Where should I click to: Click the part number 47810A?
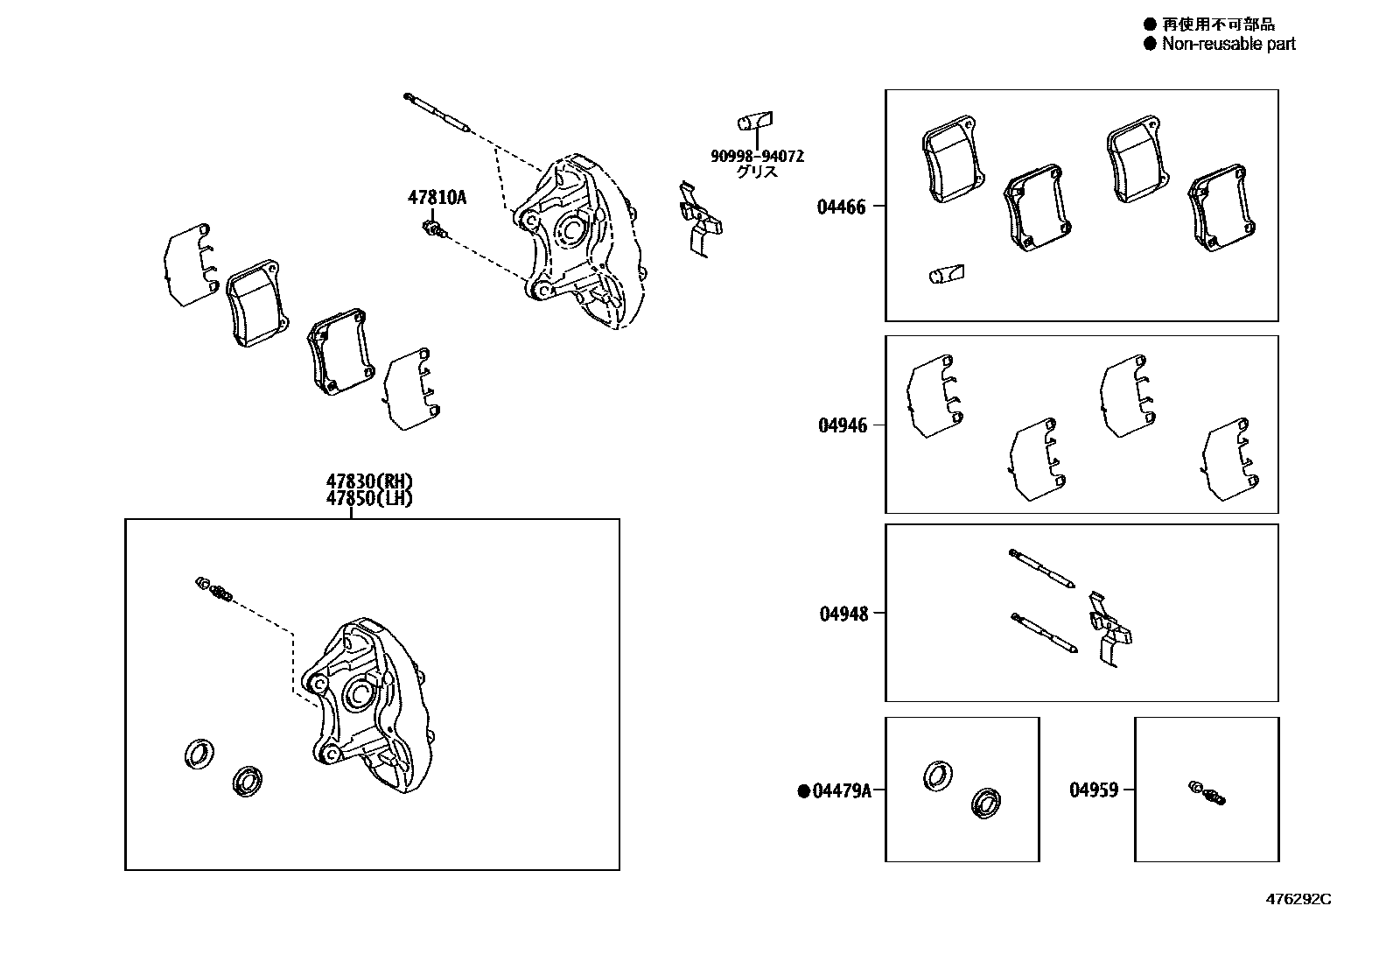click(x=437, y=198)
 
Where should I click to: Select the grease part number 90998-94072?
click(x=757, y=157)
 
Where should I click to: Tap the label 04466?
click(x=842, y=207)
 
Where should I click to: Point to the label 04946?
click(x=843, y=425)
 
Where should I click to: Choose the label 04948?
click(x=843, y=614)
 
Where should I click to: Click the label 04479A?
click(x=842, y=791)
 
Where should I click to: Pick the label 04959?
click(x=1094, y=790)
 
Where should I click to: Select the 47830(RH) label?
click(x=368, y=481)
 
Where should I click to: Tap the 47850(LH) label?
click(x=368, y=498)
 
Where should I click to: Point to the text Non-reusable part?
click(x=1228, y=44)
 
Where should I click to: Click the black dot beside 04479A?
click(x=803, y=791)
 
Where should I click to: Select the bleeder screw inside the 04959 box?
click(x=1208, y=791)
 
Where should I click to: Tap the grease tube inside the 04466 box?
click(x=946, y=275)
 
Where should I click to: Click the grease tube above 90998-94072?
click(x=755, y=121)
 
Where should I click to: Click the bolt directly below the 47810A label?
click(x=433, y=228)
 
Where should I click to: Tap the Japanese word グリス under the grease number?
click(x=757, y=172)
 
